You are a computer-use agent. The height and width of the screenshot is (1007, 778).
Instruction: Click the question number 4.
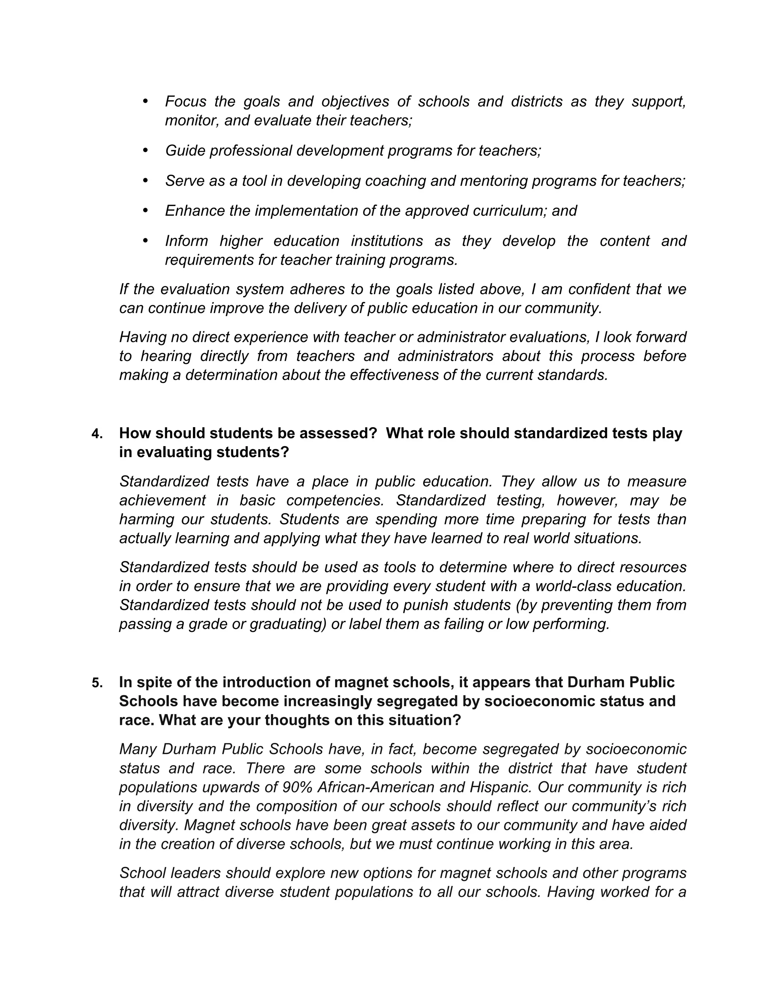[x=96, y=434]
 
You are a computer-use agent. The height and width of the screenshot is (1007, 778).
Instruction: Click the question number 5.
[x=96, y=683]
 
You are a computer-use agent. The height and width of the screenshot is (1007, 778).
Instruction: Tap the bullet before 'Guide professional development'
[x=145, y=150]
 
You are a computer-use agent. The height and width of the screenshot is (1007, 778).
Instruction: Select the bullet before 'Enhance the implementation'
[x=145, y=210]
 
